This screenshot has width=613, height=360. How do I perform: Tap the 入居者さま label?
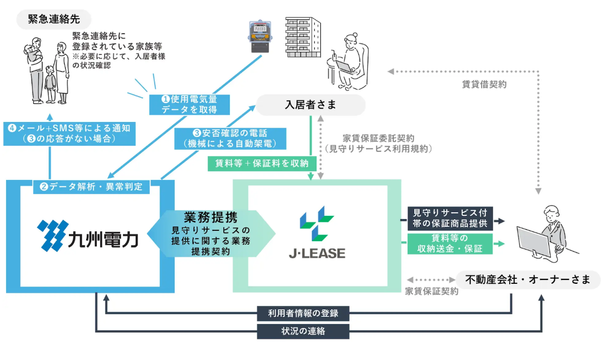(310, 105)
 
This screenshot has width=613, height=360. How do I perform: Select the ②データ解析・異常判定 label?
(91, 187)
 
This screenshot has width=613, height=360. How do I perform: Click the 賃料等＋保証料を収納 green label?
(262, 163)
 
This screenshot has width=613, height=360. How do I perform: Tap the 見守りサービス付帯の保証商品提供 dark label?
(450, 218)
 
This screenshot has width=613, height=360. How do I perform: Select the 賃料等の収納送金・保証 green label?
(450, 244)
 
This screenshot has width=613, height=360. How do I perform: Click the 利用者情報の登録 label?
(303, 314)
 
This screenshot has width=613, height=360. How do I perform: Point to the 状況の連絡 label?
(303, 331)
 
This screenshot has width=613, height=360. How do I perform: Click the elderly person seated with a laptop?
(348, 60)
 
